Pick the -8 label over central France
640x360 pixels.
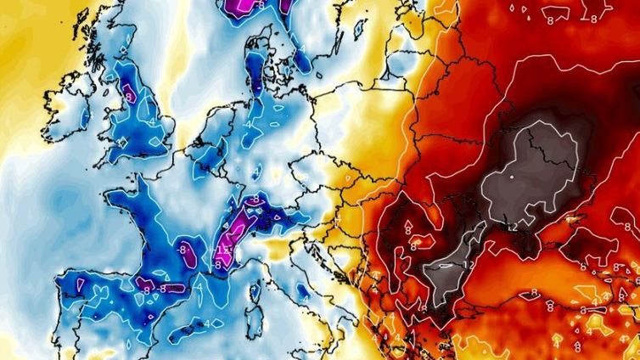click(x=186, y=249)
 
